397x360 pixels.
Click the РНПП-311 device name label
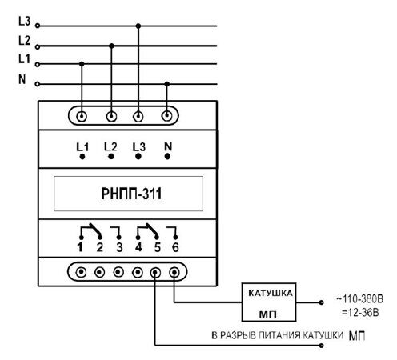(131, 194)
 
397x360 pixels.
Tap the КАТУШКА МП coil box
(269, 302)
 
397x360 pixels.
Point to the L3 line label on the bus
(24, 21)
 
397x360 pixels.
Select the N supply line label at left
(22, 79)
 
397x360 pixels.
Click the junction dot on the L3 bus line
(138, 26)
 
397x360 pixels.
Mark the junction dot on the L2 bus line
(111, 46)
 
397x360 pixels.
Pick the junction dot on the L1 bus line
(82, 64)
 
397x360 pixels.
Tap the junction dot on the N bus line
(167, 84)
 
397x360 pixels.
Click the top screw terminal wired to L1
(82, 117)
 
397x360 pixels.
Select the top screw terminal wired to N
(167, 116)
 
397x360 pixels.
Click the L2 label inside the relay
(110, 147)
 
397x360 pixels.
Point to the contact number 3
(119, 247)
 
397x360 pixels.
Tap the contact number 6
(175, 247)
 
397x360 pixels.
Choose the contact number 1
(80, 247)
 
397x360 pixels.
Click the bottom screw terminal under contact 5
(155, 273)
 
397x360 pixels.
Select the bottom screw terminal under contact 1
(81, 272)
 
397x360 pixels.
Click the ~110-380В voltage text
(359, 299)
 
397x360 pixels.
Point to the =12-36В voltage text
(360, 312)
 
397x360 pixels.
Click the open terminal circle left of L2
(38, 47)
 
